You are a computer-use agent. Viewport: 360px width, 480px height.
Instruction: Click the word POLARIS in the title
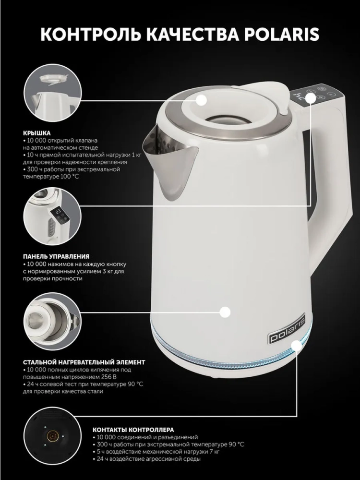click(x=282, y=34)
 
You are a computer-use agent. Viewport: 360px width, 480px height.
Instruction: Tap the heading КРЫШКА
click(x=37, y=133)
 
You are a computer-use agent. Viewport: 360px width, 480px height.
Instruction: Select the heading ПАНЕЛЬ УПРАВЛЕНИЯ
click(x=56, y=256)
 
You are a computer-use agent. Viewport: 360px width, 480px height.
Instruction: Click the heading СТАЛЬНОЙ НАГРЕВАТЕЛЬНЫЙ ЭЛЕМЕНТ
click(x=84, y=362)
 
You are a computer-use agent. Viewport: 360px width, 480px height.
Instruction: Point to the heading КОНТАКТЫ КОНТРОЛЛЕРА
click(x=133, y=430)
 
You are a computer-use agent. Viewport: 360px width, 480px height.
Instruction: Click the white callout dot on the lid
click(x=201, y=100)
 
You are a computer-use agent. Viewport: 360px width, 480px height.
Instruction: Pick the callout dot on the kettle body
click(x=225, y=312)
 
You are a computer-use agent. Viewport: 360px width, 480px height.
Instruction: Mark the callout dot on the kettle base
click(x=296, y=346)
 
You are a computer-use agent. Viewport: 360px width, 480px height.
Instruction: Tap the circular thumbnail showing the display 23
click(x=52, y=217)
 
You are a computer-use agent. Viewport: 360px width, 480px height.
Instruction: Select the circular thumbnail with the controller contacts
click(x=52, y=436)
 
